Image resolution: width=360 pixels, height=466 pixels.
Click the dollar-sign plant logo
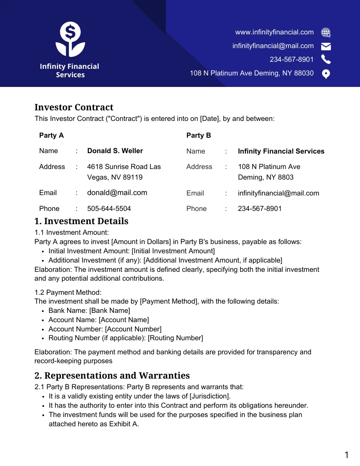coord(70,40)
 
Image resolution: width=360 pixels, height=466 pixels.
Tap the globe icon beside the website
coord(326,32)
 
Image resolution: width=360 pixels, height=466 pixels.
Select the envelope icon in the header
coord(326,46)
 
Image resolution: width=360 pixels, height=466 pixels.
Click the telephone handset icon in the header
coord(326,60)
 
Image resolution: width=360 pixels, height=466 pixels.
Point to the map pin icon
coord(326,74)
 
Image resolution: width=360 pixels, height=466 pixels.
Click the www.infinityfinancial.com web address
coord(274,32)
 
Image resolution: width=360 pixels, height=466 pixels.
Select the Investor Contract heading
coord(74,107)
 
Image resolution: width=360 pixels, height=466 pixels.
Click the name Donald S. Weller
coord(115,151)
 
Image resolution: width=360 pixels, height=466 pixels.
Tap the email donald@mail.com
coord(117,193)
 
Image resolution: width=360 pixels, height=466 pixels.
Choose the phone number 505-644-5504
coord(109,208)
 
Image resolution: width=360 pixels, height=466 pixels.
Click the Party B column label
coord(199,135)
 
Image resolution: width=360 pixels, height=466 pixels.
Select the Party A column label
coord(51,135)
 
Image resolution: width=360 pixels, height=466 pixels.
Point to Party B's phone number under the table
coord(259,208)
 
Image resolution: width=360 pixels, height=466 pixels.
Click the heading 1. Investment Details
coord(81,221)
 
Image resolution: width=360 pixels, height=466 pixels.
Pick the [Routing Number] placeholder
coord(175,338)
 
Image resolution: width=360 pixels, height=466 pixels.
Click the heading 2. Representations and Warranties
coord(112,376)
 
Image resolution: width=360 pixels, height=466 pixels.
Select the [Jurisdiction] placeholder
coord(210,396)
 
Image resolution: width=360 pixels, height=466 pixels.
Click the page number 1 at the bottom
coord(346,455)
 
